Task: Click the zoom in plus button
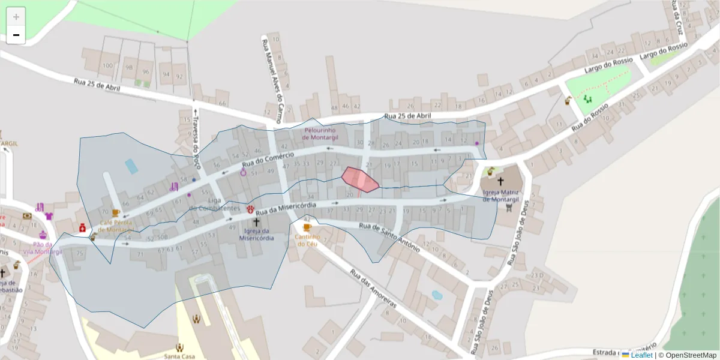point(16,17)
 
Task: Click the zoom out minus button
point(16,35)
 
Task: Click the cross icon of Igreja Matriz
point(500,181)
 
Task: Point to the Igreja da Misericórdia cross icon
point(256,222)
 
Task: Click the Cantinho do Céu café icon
point(307,227)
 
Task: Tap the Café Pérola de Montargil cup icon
point(116,213)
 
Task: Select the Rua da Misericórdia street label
point(286,208)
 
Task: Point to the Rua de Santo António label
point(389,236)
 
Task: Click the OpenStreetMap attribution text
point(691,355)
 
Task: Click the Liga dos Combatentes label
point(215,204)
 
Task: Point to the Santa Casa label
point(179,356)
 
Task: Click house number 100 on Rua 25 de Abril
point(108,65)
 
